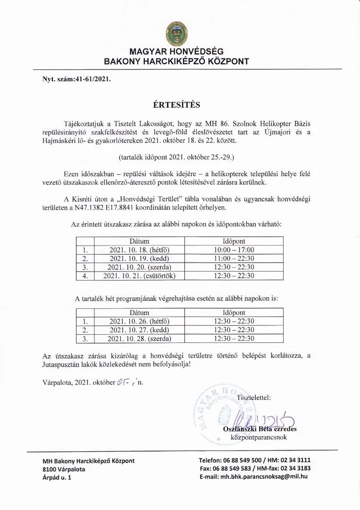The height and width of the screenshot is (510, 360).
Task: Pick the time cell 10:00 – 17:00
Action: pos(234,250)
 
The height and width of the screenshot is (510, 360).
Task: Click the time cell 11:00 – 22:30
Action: pos(234,259)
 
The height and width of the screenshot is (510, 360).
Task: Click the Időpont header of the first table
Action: pos(234,241)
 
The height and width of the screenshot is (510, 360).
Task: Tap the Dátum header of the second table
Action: pos(139,313)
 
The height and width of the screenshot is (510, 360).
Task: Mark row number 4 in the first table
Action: pos(85,276)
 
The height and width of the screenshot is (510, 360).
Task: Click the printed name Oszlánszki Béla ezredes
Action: pos(260,429)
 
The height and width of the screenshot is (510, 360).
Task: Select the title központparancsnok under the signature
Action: pos(259,437)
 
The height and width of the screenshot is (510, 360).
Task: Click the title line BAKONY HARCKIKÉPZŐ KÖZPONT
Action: pos(177,61)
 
